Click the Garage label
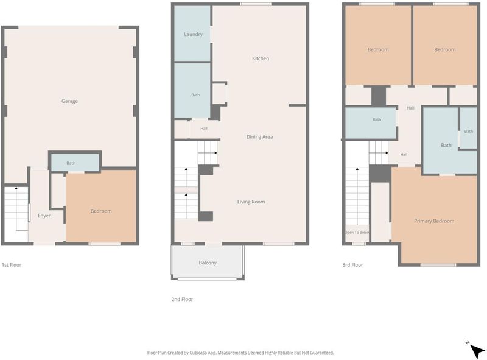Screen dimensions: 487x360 point(69,101)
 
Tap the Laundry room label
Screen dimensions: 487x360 point(193,34)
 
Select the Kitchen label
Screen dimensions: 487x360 point(261,58)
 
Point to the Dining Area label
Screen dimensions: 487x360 point(260,137)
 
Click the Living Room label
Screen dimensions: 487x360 point(251,202)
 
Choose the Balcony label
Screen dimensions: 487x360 point(208,263)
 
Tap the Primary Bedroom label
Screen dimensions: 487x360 point(434,221)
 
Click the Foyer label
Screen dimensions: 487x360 point(44,216)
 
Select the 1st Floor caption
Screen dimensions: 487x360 point(12,265)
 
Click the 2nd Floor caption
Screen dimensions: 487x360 point(182,299)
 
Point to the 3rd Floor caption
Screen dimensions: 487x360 point(352,265)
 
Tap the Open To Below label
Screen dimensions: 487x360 point(357,233)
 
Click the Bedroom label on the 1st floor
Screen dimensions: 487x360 point(101,211)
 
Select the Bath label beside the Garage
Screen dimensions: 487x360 point(71,163)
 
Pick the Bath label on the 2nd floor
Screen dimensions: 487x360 point(195,95)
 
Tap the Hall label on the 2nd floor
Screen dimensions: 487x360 point(204,128)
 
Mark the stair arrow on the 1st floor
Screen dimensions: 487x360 point(16,208)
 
